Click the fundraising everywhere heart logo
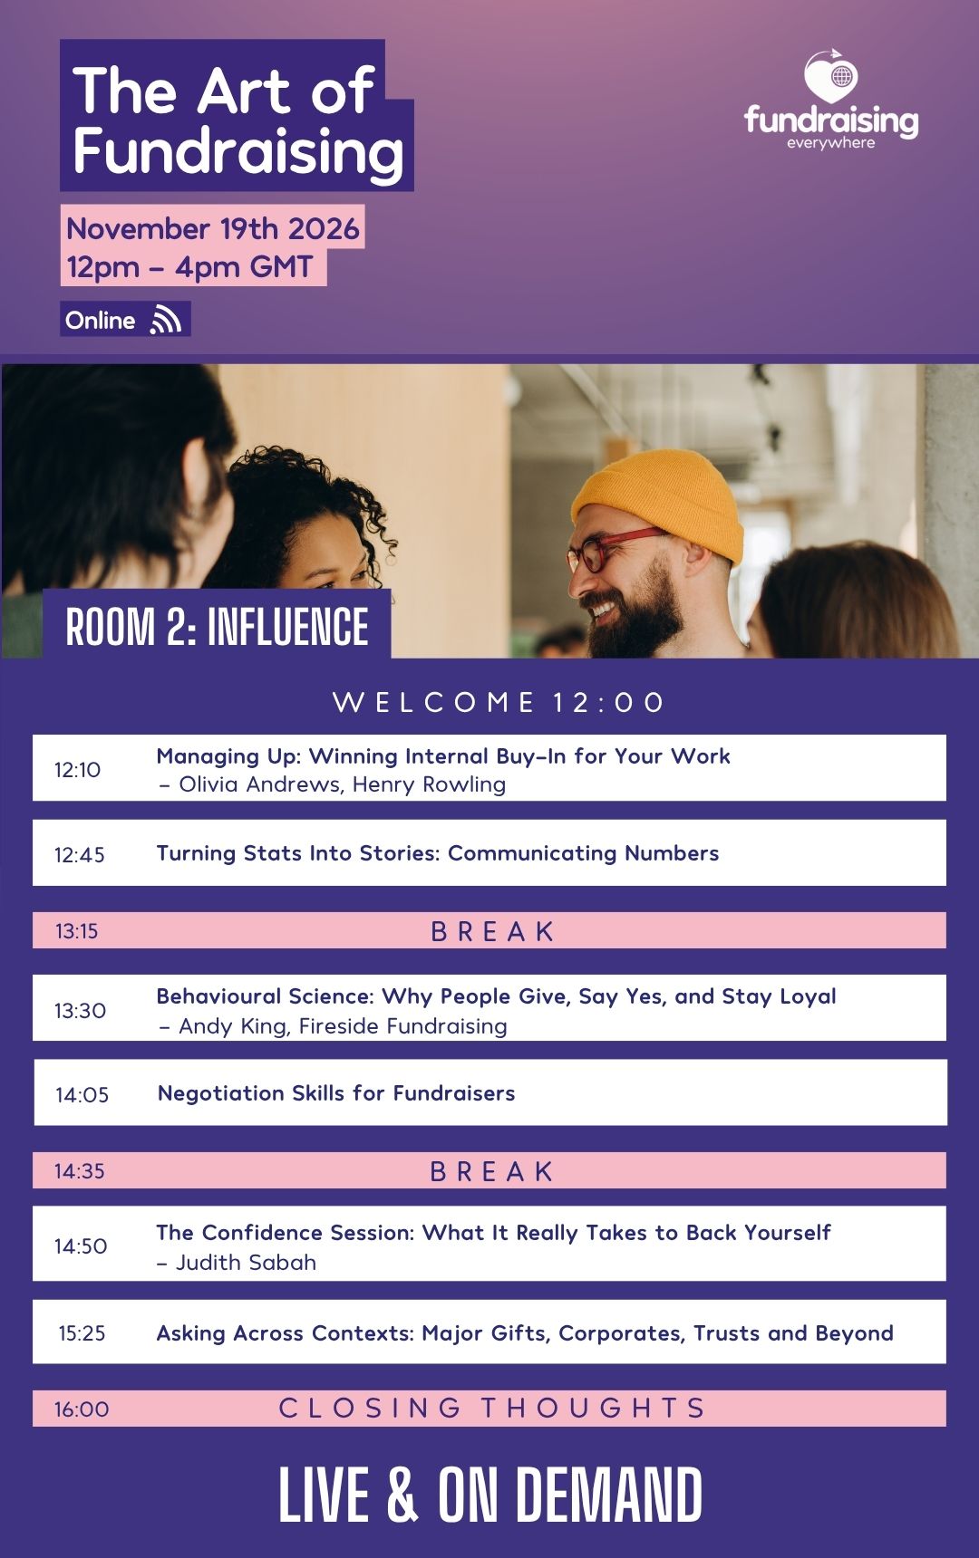click(x=831, y=76)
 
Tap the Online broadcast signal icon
click(x=166, y=320)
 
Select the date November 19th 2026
click(x=213, y=228)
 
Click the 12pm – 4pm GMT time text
click(x=189, y=267)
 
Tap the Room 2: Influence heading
click(x=218, y=627)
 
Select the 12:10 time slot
click(x=77, y=770)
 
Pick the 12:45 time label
click(x=79, y=854)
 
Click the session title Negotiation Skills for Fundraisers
click(x=336, y=1093)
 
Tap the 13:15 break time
click(x=76, y=931)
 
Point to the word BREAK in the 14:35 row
click(x=491, y=1171)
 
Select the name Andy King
click(x=232, y=1026)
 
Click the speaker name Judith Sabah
click(x=246, y=1263)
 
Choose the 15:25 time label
click(x=82, y=1333)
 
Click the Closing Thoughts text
click(x=491, y=1408)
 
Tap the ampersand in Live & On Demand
click(x=402, y=1495)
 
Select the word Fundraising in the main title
click(x=238, y=151)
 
